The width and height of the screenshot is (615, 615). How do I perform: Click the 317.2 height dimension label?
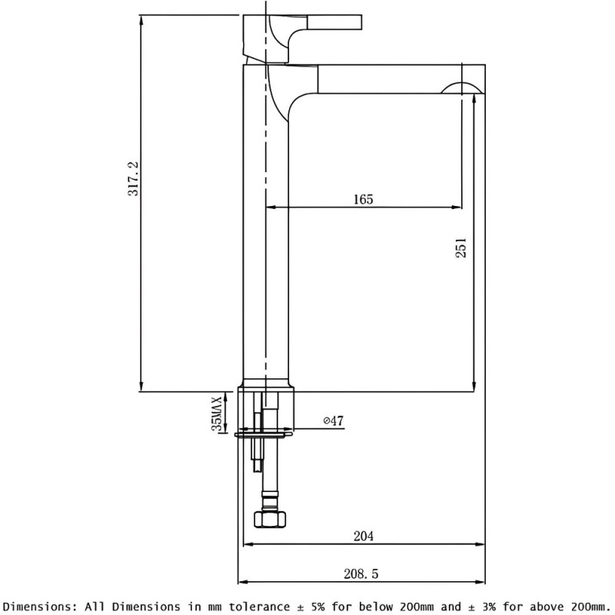click(133, 178)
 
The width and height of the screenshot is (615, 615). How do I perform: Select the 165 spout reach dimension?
click(364, 199)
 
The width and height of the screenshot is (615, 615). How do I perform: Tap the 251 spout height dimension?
click(461, 247)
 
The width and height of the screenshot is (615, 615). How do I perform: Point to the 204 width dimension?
click(364, 536)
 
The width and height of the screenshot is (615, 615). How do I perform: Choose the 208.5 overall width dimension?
click(361, 573)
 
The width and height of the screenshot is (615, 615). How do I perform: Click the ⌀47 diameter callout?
click(334, 421)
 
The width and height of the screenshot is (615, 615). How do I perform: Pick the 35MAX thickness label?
click(217, 414)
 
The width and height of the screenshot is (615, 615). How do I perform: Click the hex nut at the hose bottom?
click(270, 520)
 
